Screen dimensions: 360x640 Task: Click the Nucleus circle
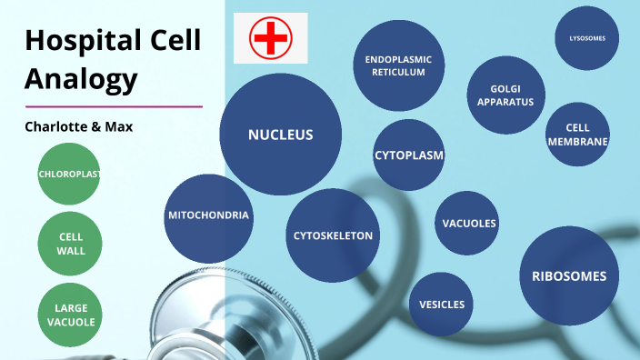coord(281,135)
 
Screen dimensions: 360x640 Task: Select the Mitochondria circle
coord(209,216)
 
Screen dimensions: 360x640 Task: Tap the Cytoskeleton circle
coord(333,235)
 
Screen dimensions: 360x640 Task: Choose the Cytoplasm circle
coord(409,155)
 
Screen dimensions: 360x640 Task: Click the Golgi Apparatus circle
coord(499,95)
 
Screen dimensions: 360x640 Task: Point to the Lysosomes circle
coord(587,38)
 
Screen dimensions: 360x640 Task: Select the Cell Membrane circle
coord(577,135)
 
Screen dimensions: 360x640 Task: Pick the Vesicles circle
coord(442,305)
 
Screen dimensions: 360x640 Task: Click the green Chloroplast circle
coord(69,173)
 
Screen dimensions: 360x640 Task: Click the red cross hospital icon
coord(270,38)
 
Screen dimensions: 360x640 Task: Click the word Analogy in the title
coord(81,79)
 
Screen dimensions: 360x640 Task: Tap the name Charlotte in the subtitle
coord(56,127)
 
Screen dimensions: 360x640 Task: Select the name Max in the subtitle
coord(119,127)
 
